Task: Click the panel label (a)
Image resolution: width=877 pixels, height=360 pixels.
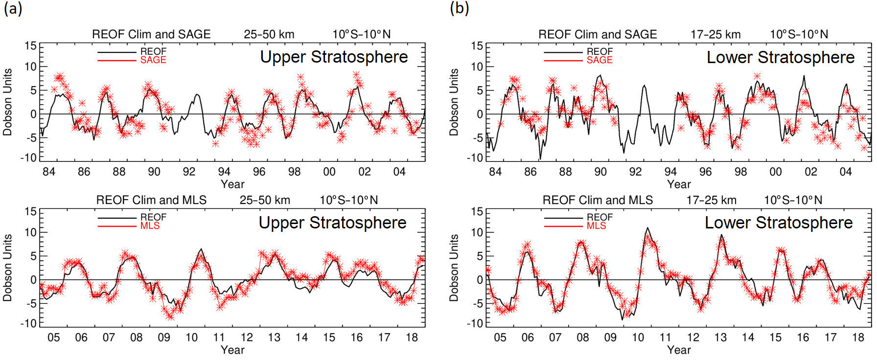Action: (x=13, y=9)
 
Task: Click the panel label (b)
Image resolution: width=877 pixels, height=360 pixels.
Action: (x=459, y=9)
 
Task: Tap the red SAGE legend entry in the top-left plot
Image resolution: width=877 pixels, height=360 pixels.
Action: (x=153, y=60)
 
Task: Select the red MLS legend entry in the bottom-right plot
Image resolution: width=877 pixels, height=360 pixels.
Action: (x=596, y=226)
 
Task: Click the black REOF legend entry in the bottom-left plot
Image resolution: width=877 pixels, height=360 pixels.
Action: (x=153, y=217)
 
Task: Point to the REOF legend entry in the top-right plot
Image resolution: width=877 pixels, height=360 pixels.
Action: (x=600, y=51)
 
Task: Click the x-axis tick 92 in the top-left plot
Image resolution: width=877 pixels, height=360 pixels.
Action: (x=189, y=172)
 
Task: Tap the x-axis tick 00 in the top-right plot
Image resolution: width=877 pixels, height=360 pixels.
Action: (x=775, y=172)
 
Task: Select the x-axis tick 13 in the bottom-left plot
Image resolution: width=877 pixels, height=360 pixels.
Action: (x=274, y=337)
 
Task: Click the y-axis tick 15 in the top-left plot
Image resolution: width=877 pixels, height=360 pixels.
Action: (x=30, y=46)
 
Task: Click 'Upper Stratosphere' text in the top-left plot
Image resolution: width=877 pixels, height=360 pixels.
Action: (x=334, y=57)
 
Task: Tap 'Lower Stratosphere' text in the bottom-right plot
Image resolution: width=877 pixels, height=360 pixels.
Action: (x=778, y=223)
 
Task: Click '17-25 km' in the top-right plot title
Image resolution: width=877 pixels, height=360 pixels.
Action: (x=715, y=35)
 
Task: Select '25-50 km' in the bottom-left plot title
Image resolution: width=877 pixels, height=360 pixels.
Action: (x=265, y=201)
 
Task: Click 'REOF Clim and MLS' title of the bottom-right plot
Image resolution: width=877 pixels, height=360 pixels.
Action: (x=598, y=201)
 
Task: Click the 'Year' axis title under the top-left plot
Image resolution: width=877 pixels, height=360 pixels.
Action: (x=232, y=184)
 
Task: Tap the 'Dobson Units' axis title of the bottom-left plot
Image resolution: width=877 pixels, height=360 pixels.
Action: (x=8, y=268)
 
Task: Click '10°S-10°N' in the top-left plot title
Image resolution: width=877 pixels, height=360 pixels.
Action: (x=362, y=35)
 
